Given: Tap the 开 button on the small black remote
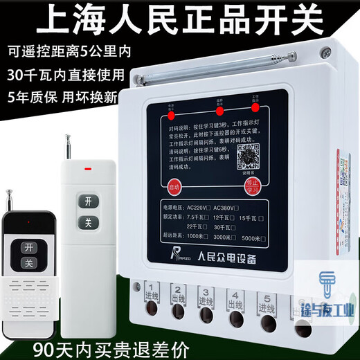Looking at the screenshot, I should [28, 246].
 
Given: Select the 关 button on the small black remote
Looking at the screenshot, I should [28, 263].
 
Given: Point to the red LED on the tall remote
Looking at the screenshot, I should [87, 167].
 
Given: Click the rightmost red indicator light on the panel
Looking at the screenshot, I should [255, 108].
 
